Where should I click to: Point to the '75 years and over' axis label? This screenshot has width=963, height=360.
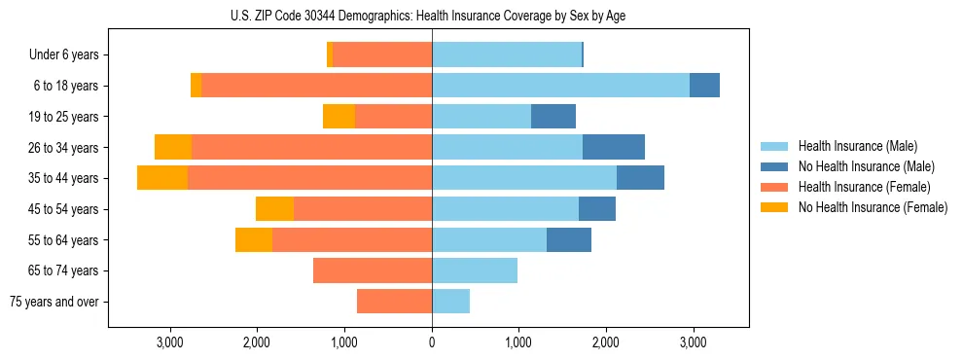54,302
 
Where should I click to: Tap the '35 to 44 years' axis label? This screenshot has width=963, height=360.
63,178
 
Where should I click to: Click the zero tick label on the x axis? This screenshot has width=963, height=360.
432,342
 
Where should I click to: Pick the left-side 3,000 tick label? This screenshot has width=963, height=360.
170,342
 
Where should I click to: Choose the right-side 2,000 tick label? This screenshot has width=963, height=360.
605,342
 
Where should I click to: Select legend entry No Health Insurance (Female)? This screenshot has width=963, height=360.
873,207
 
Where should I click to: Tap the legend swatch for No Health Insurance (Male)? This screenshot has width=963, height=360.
775,166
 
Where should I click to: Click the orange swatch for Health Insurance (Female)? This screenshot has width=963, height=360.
775,187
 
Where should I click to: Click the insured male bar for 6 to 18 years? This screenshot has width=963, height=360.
560,86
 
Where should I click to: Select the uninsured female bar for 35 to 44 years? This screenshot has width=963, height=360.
162,178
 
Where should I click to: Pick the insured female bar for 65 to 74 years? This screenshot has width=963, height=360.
373,270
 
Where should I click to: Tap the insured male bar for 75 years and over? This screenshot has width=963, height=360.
450,302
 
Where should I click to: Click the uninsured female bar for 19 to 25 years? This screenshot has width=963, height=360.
339,117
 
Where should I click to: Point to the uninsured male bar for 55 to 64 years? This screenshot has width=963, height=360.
569,240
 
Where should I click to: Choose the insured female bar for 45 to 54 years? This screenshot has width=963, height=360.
363,209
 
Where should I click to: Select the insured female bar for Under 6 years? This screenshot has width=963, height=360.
382,55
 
